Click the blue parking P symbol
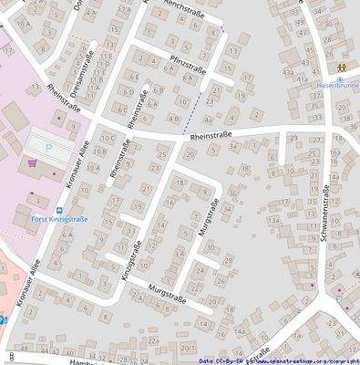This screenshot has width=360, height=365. point(48,146)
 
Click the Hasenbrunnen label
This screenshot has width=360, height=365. point(334,80)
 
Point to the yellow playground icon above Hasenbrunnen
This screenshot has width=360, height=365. point(339,68)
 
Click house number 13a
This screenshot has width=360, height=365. point(273,221)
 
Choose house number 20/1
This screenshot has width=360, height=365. point(189,349)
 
